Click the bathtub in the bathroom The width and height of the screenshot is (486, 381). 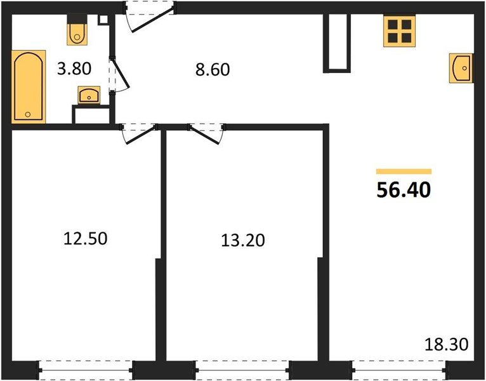coord(29,86)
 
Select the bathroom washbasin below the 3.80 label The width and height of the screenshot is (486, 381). coord(88,95)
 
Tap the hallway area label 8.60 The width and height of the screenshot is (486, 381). coord(212,69)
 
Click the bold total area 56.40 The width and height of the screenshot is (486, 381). coord(404,190)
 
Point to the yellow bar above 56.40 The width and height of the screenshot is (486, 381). coord(404,171)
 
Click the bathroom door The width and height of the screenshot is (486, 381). coord(118,76)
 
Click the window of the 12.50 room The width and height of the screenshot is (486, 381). coord(86,368)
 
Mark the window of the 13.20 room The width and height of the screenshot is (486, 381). coord(242,368)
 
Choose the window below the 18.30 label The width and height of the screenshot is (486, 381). coord(398,368)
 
